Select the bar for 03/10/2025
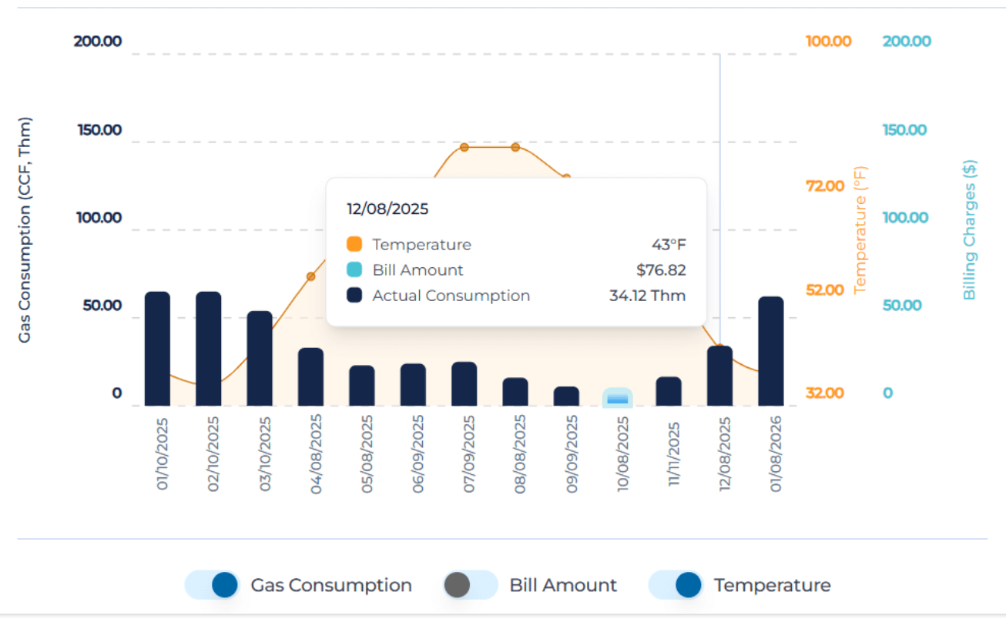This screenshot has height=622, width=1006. pos(260,359)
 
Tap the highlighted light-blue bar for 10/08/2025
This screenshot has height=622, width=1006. pos(617,397)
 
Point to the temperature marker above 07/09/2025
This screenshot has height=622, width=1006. pos(464,147)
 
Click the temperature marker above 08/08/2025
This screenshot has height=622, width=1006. pos(515,147)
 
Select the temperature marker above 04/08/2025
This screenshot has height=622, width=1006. pos(311,276)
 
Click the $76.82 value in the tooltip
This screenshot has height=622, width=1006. pos(661,270)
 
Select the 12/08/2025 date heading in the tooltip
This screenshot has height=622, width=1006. pos(387,209)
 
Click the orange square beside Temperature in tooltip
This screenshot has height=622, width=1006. pos(354,245)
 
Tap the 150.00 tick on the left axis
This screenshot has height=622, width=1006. pos(99,129)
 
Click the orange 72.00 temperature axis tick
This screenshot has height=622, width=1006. pos(825,186)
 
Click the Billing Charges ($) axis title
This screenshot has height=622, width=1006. pos(970,229)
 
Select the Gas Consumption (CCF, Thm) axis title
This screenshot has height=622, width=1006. pos(25,229)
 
